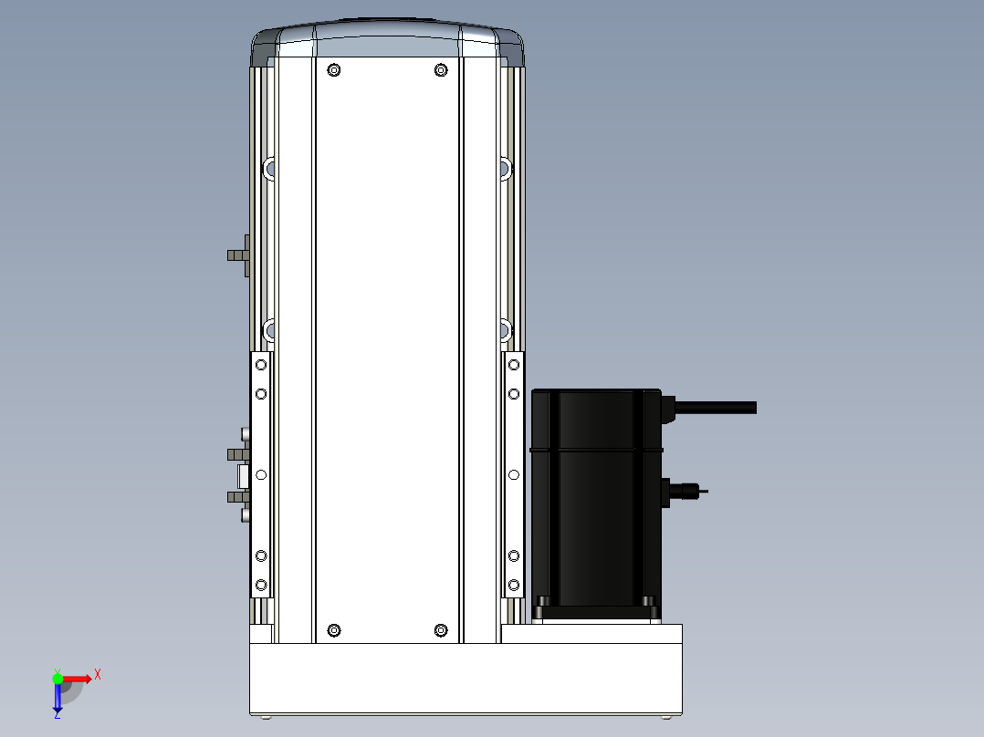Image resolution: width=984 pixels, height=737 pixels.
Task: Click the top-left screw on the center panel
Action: point(334,70)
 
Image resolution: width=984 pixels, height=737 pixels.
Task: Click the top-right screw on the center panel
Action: point(441,70)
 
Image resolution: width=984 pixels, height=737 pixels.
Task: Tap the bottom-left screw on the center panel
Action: point(334,630)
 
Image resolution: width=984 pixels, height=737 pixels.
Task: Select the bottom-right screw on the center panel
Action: point(441,630)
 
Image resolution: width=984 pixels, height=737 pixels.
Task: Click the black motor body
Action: point(596,502)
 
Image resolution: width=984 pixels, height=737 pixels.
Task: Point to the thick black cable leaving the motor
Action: point(716,408)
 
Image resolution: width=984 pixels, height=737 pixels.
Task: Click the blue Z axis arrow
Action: point(58,698)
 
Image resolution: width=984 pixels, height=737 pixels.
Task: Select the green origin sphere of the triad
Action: point(58,679)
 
